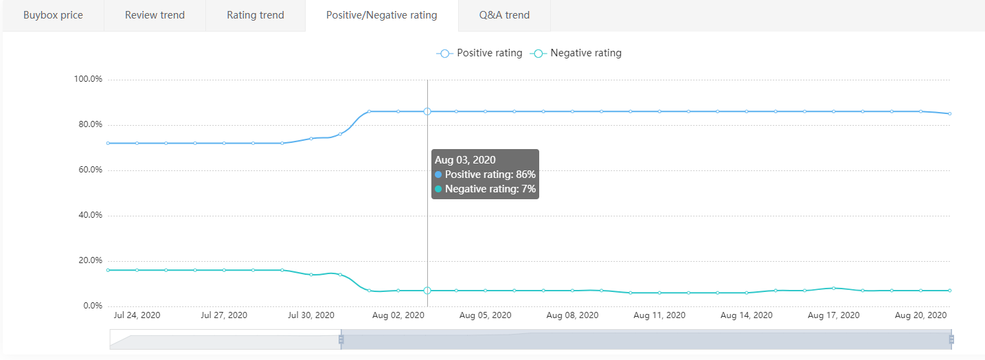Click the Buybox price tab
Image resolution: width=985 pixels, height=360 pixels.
point(53,15)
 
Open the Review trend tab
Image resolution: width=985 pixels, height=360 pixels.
point(155,15)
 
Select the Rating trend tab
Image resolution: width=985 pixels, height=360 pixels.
point(256,15)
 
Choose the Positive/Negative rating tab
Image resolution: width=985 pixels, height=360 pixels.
point(381,15)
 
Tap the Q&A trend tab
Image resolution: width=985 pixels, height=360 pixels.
point(504,15)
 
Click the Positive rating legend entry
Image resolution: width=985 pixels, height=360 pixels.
point(479,53)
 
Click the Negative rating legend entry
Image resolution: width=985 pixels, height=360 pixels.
point(576,53)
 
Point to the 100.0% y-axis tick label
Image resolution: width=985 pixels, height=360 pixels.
point(88,79)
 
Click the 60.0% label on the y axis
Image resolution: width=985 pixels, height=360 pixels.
point(88,170)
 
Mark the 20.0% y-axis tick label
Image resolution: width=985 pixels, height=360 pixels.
point(88,260)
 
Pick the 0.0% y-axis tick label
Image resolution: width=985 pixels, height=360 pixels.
point(90,306)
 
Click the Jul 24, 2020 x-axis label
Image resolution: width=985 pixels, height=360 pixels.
point(137,315)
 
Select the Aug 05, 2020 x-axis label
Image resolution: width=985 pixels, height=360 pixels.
point(485,315)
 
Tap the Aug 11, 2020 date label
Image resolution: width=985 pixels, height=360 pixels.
point(659,315)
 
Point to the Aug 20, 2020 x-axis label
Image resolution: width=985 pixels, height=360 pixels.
point(920,315)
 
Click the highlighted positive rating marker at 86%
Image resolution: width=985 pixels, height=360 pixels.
point(427,111)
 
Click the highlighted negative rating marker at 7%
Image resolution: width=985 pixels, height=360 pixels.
point(427,291)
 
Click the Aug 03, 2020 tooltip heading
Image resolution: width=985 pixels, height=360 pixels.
point(465,160)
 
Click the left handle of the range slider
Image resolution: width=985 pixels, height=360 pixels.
point(341,339)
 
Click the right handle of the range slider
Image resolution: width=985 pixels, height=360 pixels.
point(951,339)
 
